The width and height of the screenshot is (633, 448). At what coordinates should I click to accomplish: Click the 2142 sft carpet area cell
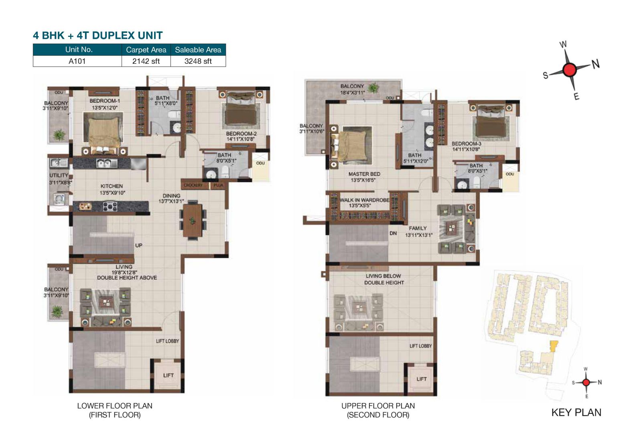(x=146, y=61)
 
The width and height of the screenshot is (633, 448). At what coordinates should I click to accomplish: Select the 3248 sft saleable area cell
(x=198, y=61)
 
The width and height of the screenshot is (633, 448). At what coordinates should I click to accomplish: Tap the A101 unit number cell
(x=77, y=61)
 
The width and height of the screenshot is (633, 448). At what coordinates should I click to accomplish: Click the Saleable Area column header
(x=198, y=50)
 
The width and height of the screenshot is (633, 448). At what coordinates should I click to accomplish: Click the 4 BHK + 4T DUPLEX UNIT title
(x=97, y=35)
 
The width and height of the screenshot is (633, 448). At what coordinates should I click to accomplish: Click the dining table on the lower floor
(x=193, y=220)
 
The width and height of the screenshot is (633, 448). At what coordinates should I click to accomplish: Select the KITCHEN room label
(x=112, y=186)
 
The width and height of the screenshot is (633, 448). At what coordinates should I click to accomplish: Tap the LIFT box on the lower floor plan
(x=168, y=375)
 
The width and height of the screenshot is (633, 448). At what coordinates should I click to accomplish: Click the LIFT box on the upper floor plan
(x=421, y=379)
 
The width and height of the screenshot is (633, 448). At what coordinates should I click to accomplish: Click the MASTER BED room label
(x=364, y=174)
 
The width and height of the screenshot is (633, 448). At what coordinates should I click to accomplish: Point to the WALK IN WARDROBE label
(x=364, y=200)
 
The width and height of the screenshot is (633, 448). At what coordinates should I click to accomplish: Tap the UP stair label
(x=138, y=245)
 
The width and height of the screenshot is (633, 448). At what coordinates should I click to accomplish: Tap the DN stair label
(x=393, y=233)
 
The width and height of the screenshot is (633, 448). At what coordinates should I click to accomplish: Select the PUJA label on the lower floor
(x=218, y=185)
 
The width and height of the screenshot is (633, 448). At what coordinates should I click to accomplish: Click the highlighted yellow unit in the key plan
(x=553, y=346)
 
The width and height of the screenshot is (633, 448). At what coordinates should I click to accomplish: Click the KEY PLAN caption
(x=576, y=413)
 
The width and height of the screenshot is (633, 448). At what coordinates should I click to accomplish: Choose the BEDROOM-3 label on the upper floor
(x=466, y=143)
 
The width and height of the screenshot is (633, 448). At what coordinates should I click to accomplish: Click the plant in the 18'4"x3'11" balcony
(x=374, y=88)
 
